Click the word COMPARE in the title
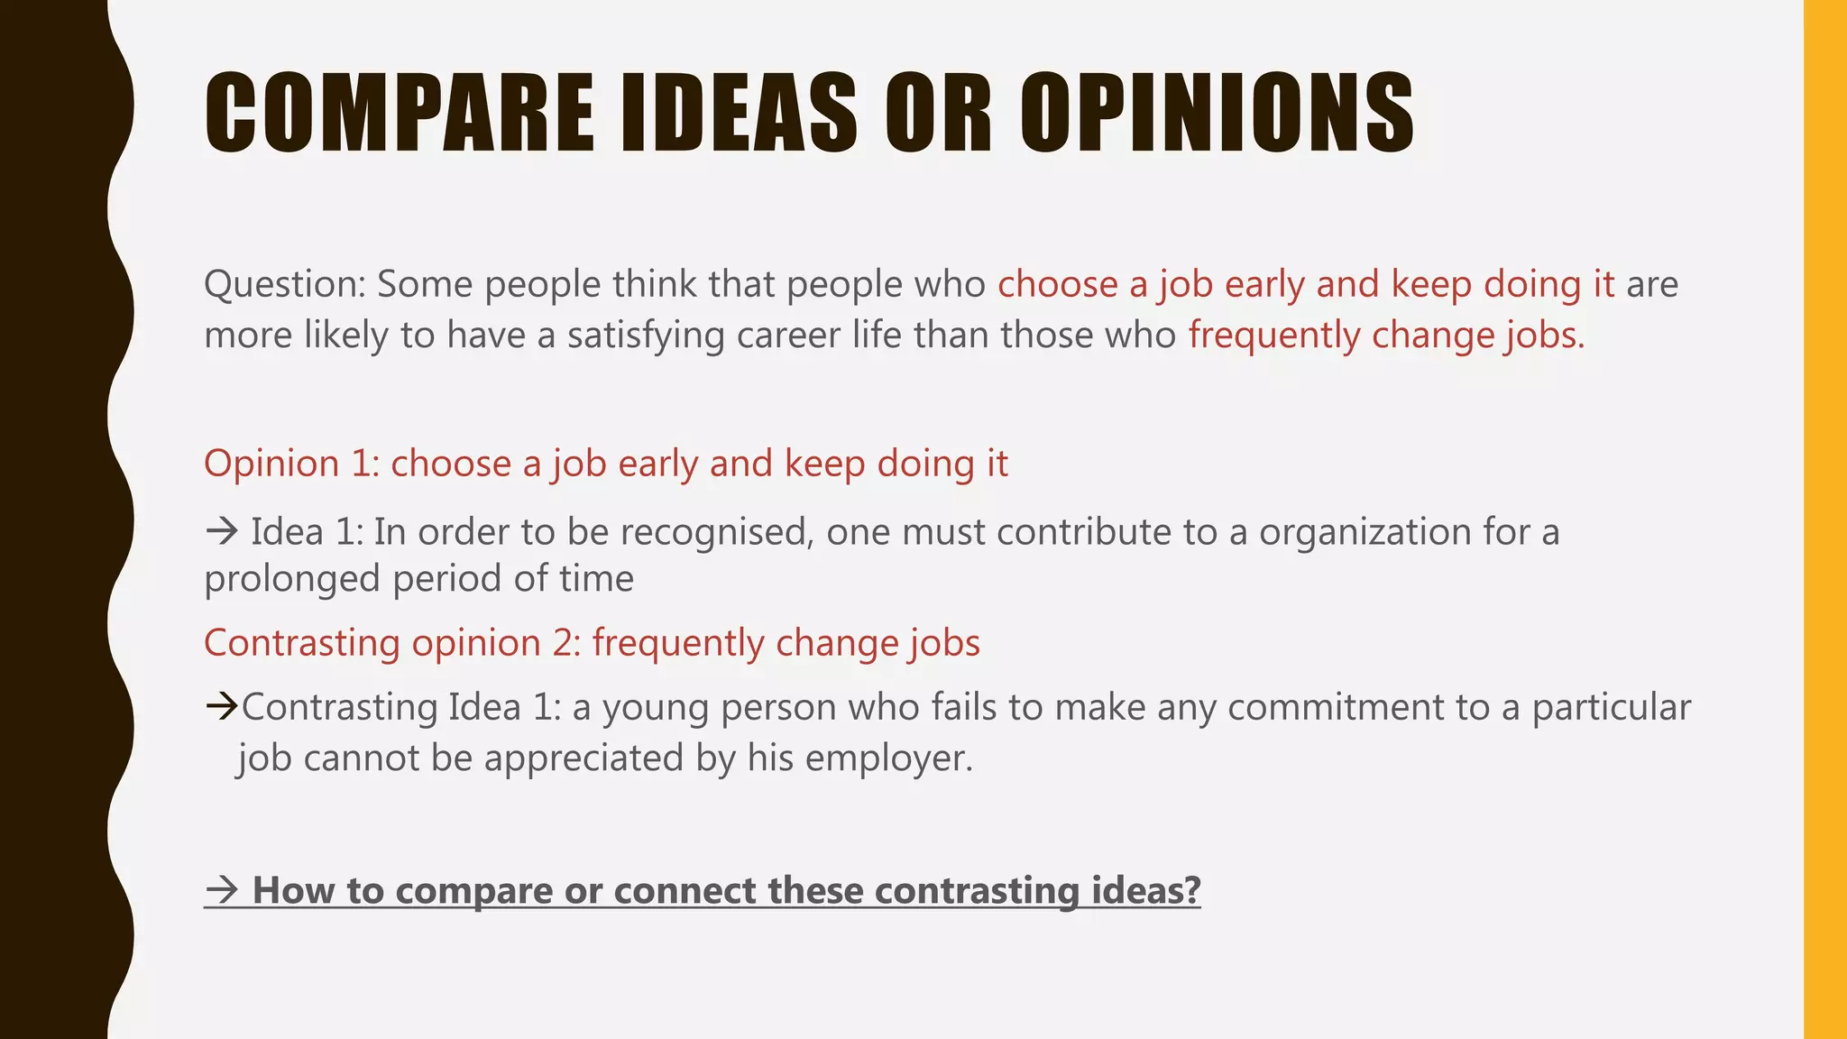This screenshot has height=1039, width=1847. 399,113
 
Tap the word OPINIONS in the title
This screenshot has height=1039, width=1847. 1218,113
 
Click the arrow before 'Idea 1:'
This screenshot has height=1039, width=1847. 221,531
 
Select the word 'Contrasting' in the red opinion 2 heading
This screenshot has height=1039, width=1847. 301,644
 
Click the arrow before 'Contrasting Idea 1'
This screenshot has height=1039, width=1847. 221,706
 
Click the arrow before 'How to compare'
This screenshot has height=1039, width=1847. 221,891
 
